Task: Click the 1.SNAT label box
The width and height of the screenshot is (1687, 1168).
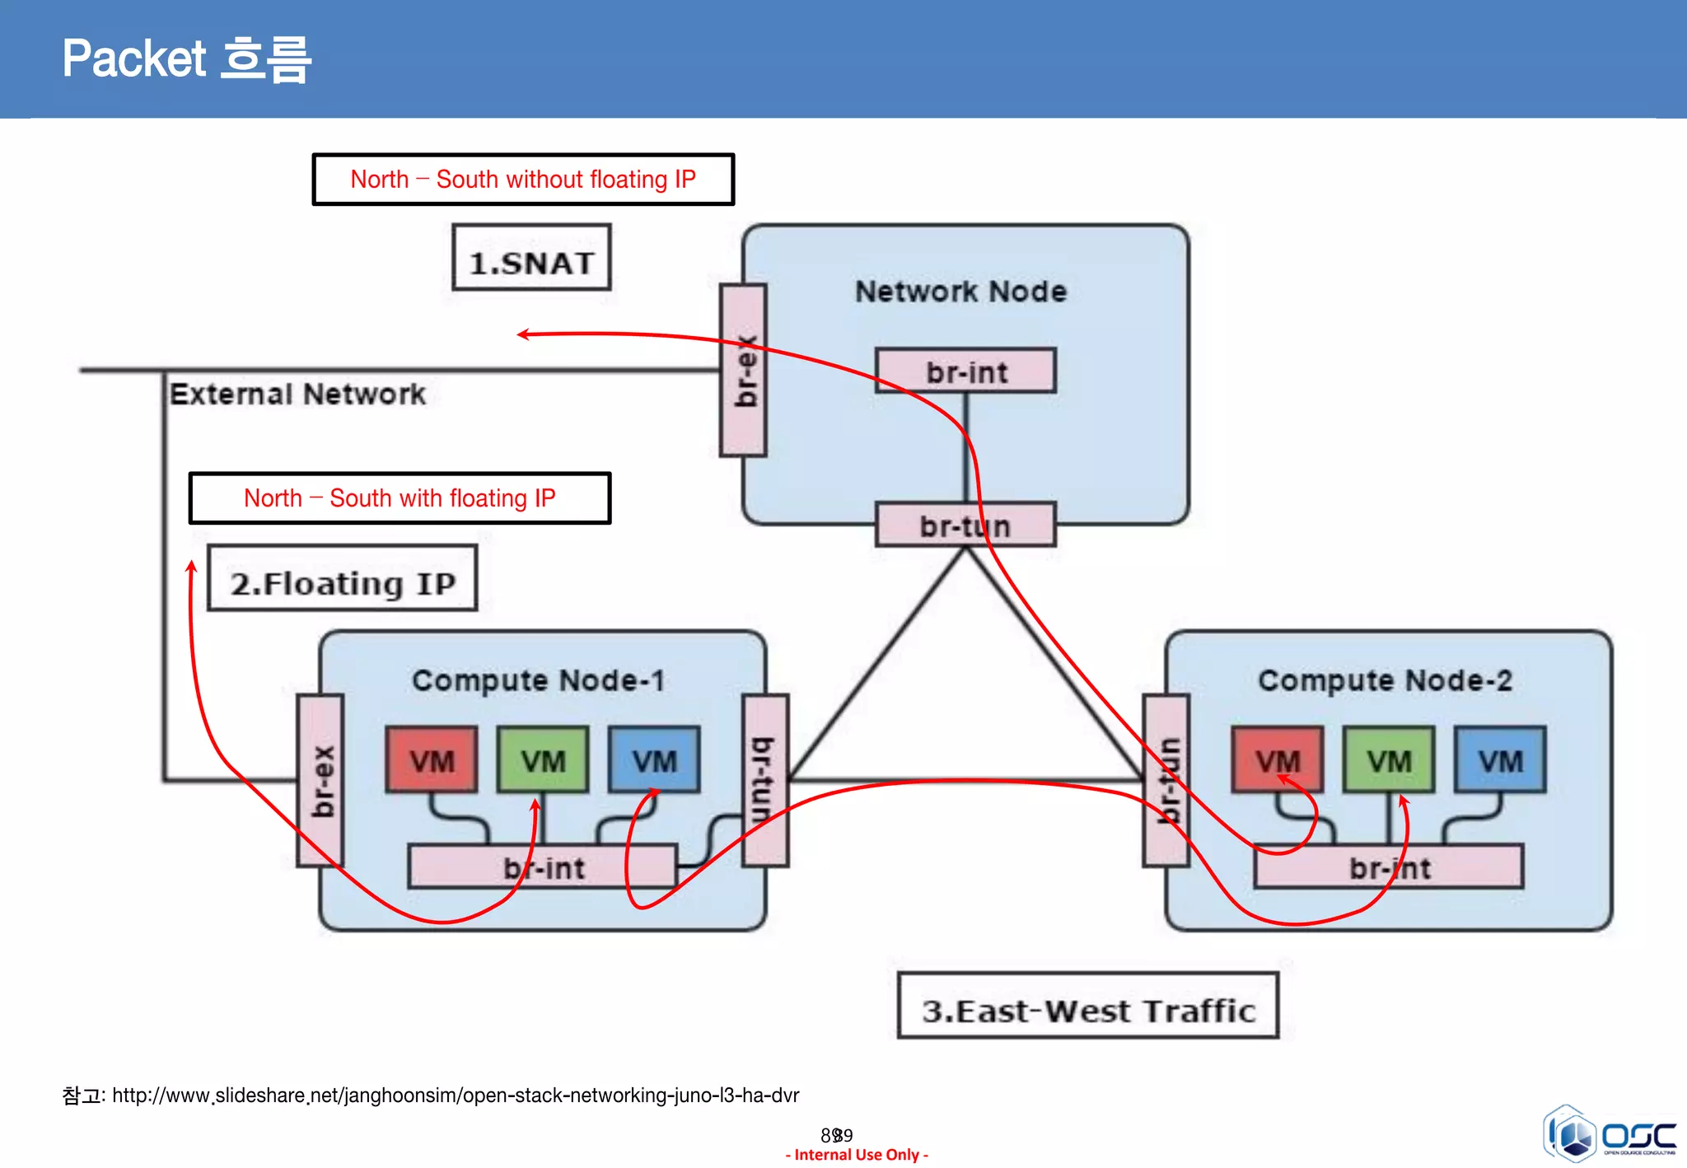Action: pyautogui.click(x=531, y=258)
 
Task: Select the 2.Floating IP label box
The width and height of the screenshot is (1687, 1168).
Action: pyautogui.click(x=342, y=578)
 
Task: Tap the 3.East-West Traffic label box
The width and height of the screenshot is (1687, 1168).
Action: pyautogui.click(x=1087, y=1006)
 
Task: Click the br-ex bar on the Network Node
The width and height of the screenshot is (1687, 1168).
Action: pyautogui.click(x=743, y=371)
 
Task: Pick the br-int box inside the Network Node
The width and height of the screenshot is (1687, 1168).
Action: pyautogui.click(x=965, y=371)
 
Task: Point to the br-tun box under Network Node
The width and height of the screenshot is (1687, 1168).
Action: pyautogui.click(x=965, y=525)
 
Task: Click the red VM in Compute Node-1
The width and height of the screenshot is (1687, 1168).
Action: pyautogui.click(x=432, y=759)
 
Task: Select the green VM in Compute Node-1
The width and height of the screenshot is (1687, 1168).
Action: pyautogui.click(x=543, y=759)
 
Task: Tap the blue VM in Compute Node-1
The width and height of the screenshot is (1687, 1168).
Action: pyautogui.click(x=654, y=759)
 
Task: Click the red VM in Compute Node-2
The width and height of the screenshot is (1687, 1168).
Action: pyautogui.click(x=1278, y=759)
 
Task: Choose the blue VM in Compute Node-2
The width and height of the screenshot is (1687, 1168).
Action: pyautogui.click(x=1500, y=759)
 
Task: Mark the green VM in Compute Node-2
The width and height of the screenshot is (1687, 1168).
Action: pyautogui.click(x=1389, y=759)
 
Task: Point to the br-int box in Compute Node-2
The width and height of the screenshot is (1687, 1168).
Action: pyautogui.click(x=1389, y=867)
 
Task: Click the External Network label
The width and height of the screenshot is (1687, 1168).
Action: pyautogui.click(x=297, y=394)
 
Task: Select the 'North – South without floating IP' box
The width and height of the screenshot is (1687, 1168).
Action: pyautogui.click(x=523, y=179)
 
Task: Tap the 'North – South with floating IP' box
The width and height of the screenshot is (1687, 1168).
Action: pyautogui.click(x=400, y=498)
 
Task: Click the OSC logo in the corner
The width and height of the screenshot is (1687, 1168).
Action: pyautogui.click(x=1610, y=1134)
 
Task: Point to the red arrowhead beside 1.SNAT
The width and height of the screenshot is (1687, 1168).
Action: pyautogui.click(x=522, y=334)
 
